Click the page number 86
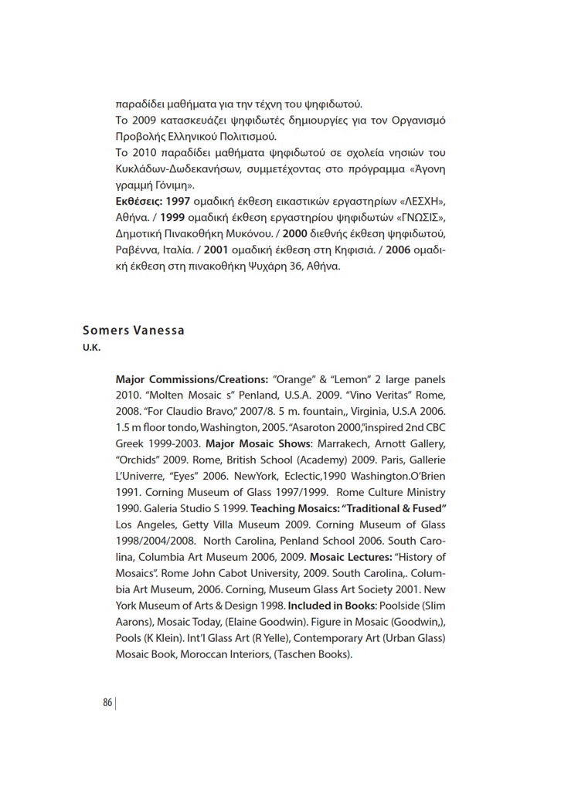pyautogui.click(x=107, y=702)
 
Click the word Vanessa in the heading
pyautogui.click(x=159, y=331)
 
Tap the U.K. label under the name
pyautogui.click(x=92, y=348)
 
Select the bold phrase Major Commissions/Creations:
pyautogui.click(x=192, y=380)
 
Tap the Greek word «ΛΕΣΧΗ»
pyautogui.click(x=419, y=202)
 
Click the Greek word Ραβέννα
pyautogui.click(x=138, y=250)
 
